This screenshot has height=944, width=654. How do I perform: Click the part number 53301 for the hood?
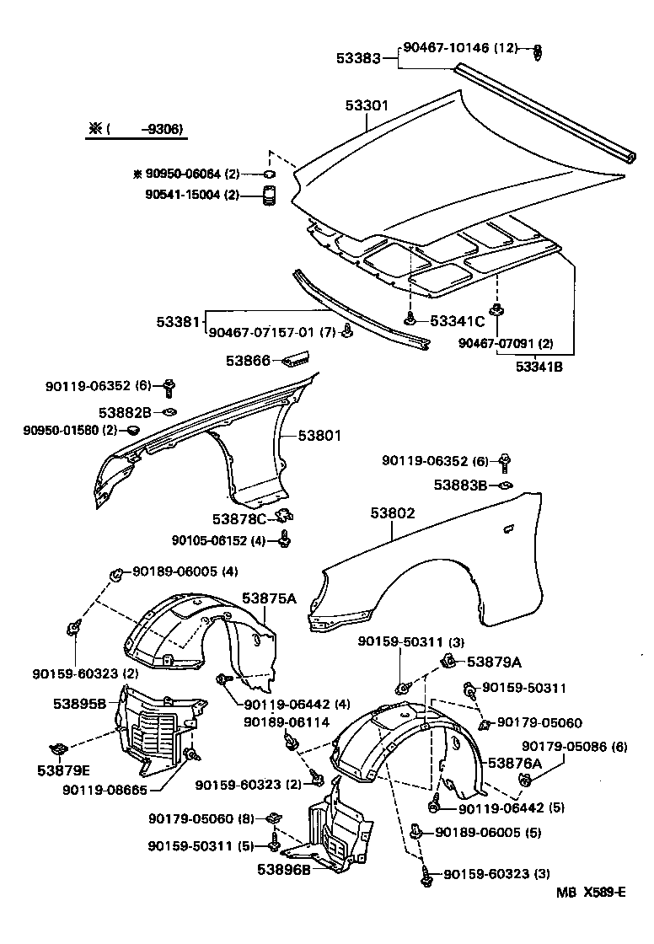pyautogui.click(x=366, y=106)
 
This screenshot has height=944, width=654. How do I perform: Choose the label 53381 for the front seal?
pyautogui.click(x=177, y=321)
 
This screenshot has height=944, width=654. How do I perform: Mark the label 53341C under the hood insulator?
pyautogui.click(x=457, y=320)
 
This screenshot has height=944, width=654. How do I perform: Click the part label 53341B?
pyautogui.click(x=544, y=367)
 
